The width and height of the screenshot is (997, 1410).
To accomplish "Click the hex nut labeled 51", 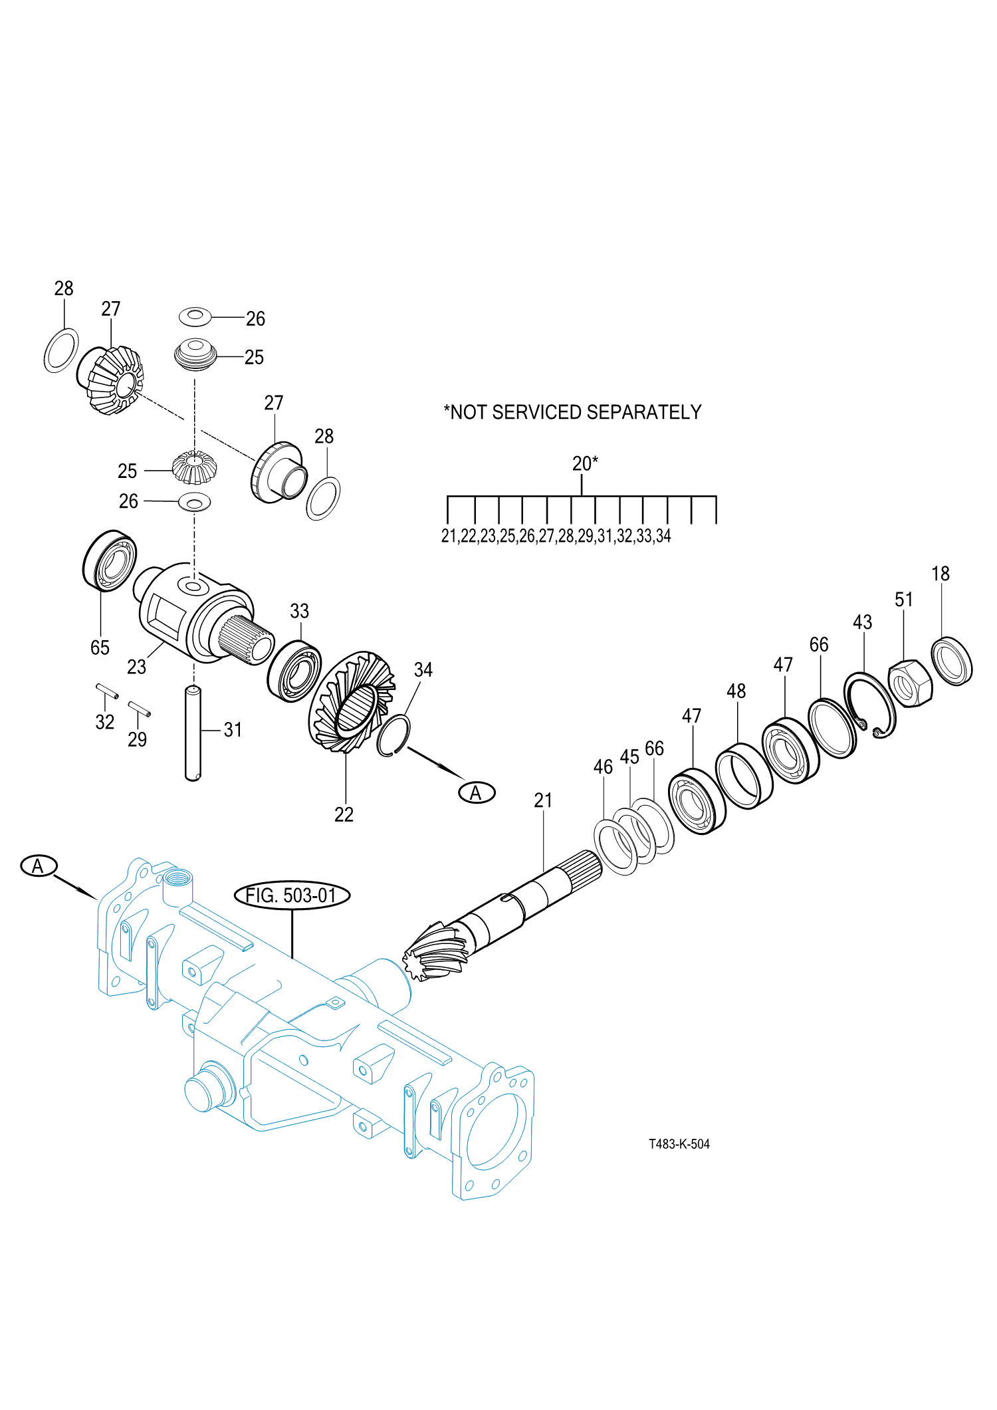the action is (x=910, y=683).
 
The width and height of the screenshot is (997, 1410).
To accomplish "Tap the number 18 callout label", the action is (x=941, y=574).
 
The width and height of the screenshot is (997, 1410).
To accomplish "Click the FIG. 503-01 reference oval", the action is (x=292, y=895).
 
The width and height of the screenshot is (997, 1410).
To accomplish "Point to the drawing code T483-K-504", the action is (x=679, y=1144).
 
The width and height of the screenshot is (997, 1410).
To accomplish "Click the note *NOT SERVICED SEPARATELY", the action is (x=572, y=412).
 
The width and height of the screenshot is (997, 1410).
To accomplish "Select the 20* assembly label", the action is (x=585, y=463).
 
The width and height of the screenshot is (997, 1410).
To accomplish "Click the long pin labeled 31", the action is (x=193, y=733).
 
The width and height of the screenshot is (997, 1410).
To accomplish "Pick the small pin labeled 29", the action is (x=139, y=709).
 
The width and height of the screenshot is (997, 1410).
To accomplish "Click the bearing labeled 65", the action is (x=110, y=560).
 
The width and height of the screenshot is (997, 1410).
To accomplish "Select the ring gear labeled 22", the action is (x=352, y=701).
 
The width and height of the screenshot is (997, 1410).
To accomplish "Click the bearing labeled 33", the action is (x=294, y=671).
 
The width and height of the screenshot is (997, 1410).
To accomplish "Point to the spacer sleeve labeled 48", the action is (x=744, y=776).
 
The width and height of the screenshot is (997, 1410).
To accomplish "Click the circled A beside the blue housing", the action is (x=39, y=866).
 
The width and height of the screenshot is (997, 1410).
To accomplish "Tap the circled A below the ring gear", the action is (x=477, y=792).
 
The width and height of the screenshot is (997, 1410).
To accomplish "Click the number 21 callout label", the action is (x=543, y=800).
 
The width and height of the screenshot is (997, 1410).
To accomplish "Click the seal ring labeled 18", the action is (x=952, y=661).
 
